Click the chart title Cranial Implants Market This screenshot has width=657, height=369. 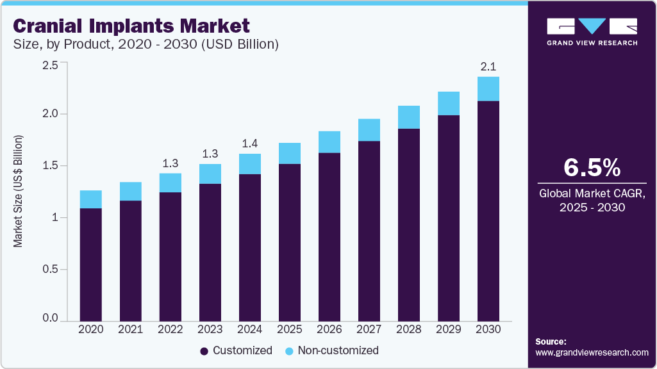point(131,26)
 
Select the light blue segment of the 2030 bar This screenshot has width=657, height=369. point(488,89)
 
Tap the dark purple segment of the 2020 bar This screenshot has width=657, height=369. point(91,264)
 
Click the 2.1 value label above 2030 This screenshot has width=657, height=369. point(488,66)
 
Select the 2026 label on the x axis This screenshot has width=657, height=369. point(329,329)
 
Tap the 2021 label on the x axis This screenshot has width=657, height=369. point(131,329)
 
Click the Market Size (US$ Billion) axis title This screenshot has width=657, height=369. point(19,192)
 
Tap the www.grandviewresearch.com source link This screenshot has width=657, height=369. point(592,352)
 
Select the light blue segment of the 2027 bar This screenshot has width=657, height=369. point(369,130)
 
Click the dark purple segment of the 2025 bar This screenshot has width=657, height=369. point(290,242)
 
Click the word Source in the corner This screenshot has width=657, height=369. point(551,341)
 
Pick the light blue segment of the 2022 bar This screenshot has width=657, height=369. point(170,183)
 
